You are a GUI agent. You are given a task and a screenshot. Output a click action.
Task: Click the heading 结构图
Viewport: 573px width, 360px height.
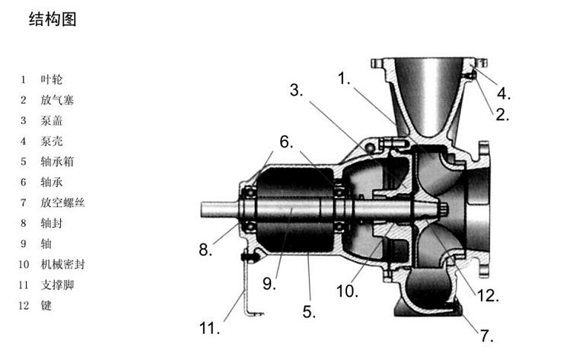[x=53, y=20]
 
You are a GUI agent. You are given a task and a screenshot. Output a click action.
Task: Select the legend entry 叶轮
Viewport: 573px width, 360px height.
[x=53, y=79]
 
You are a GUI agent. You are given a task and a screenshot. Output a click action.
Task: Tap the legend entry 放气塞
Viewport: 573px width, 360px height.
[x=57, y=100]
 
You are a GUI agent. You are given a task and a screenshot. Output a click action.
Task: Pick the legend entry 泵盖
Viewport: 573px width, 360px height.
[x=53, y=120]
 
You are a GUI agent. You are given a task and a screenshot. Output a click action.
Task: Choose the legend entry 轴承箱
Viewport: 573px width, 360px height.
[x=57, y=161]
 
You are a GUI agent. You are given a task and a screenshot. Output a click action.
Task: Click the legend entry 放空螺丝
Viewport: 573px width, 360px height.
[x=62, y=202]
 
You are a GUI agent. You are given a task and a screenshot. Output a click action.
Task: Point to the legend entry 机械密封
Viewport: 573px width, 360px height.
[x=62, y=264]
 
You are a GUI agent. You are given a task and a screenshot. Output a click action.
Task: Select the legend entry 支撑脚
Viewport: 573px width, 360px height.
[x=57, y=285]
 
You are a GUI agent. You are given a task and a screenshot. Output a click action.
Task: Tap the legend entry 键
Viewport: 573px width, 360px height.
[x=47, y=305]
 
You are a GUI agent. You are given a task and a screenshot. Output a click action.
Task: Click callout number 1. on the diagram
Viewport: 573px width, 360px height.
[x=345, y=78]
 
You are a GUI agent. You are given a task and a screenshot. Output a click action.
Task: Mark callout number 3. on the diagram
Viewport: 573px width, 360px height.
[x=296, y=91]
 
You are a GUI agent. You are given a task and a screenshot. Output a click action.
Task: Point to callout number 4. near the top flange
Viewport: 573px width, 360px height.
[x=503, y=94]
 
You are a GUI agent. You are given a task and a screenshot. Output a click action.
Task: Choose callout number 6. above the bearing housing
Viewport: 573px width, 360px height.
[x=285, y=142]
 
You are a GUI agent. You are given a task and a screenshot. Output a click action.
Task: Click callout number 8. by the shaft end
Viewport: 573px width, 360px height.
[x=205, y=249]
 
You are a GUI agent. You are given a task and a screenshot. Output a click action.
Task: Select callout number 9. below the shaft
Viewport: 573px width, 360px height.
[x=268, y=284]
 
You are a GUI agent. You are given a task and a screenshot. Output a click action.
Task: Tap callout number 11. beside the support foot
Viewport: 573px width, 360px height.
[x=209, y=329]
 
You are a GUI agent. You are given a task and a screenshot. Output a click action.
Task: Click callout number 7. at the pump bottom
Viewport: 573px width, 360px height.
[x=486, y=336]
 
